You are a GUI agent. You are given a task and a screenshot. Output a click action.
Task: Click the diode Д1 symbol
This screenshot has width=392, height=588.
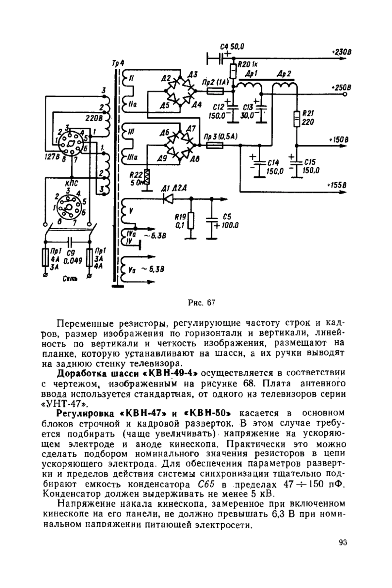(168, 198)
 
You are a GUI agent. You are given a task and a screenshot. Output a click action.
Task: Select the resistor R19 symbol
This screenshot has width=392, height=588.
(191, 220)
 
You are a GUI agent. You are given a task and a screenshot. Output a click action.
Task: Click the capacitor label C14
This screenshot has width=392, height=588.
(273, 163)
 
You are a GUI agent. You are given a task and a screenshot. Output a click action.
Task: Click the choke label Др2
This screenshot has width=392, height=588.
(284, 74)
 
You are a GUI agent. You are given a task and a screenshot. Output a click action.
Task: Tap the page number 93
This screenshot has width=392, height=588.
(343, 543)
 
